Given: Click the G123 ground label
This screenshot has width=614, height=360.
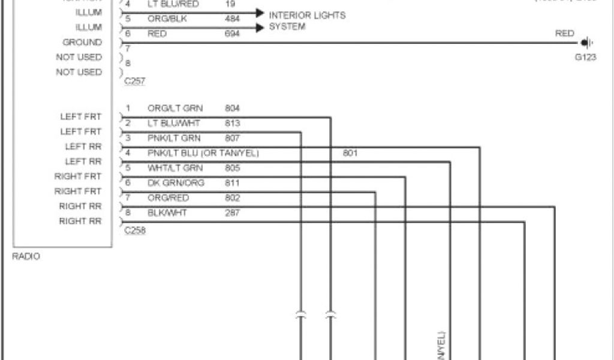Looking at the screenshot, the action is (x=585, y=58).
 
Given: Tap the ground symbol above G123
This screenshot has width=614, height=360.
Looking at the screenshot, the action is (x=586, y=43).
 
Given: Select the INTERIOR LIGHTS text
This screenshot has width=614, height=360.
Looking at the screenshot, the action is (x=307, y=15).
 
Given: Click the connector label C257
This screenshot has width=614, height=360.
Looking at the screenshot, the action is (x=134, y=80).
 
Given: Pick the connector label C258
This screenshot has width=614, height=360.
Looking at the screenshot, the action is (x=134, y=230).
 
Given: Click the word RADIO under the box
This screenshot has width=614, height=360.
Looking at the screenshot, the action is (x=26, y=256).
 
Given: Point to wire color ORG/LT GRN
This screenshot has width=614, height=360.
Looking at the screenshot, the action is (x=175, y=109).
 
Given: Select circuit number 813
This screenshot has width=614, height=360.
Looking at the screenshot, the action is (x=233, y=124).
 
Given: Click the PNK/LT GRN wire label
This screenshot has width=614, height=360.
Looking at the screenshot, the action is (x=174, y=138).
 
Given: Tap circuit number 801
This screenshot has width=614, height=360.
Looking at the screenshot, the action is (x=350, y=153).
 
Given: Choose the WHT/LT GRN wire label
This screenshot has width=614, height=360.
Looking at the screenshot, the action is (x=175, y=168).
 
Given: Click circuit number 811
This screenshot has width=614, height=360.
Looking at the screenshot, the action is (x=233, y=182).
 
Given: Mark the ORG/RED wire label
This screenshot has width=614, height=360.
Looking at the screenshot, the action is (x=168, y=197).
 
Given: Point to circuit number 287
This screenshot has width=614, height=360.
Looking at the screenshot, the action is (x=233, y=212).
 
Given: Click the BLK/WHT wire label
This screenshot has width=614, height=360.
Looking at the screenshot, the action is (x=168, y=212).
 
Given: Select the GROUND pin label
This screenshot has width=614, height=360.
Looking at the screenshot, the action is (x=82, y=43).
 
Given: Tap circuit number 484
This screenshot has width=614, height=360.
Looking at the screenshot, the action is (x=233, y=19).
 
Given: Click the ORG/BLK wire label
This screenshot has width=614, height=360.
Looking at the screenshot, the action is (x=167, y=19).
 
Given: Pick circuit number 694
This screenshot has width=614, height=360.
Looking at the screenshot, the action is (x=233, y=34).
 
